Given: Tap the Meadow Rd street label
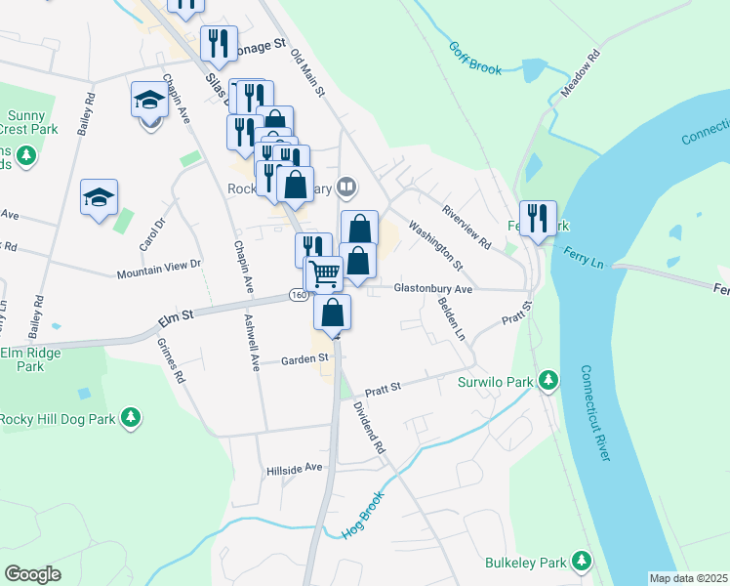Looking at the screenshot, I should pos(580,73).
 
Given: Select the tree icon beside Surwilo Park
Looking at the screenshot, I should pos(548,380).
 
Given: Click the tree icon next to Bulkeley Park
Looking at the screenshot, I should pos(583,561).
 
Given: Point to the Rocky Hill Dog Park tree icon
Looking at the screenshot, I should pos(131,419).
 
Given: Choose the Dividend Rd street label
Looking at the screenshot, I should pos(371,428).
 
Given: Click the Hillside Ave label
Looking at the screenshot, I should pos(294,468).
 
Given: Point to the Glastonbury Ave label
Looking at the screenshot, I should pos(432,289).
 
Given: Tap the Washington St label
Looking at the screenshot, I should pos(435,244).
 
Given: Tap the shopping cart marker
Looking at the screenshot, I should pos(324,273).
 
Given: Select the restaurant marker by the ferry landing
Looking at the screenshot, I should pos(538,219).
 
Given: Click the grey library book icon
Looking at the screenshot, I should pos(346,187).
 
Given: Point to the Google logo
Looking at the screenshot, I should pos(32,573).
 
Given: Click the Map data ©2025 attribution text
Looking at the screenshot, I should pos(688,578).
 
